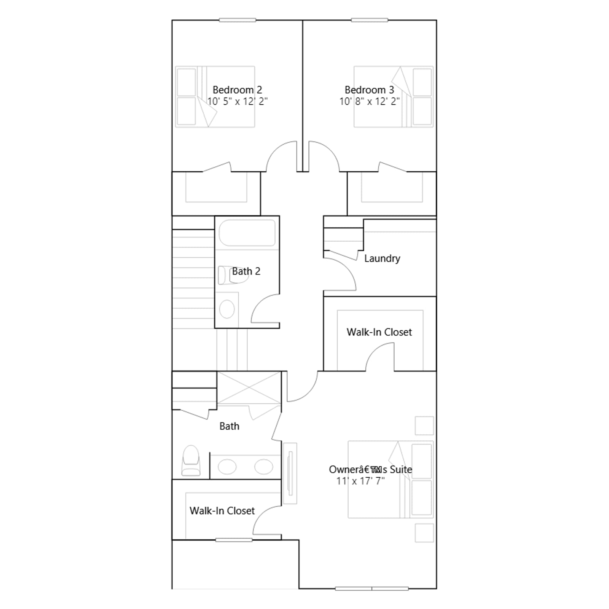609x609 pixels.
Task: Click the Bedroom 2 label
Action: tap(237, 90)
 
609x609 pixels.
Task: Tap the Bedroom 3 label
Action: tap(369, 90)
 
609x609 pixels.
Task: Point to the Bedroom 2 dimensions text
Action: tap(238, 101)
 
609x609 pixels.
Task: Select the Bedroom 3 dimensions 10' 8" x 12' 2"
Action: tap(370, 101)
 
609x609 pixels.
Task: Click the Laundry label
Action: tap(382, 258)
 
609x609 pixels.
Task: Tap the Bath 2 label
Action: tap(246, 271)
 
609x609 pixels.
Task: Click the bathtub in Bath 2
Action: tap(247, 233)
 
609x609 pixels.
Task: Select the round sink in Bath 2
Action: tap(227, 309)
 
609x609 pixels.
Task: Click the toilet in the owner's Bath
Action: tap(191, 460)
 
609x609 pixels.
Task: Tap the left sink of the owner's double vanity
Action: tap(227, 467)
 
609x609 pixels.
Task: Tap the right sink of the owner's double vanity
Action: tap(264, 467)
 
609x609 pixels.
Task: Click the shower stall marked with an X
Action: tap(249, 388)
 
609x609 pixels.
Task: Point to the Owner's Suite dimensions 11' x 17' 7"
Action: tap(360, 481)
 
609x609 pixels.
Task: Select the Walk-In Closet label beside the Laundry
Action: tap(379, 332)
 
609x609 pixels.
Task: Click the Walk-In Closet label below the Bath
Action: tap(222, 511)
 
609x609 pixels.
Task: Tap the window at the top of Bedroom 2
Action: tap(238, 20)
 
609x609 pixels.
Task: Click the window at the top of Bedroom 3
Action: tap(370, 20)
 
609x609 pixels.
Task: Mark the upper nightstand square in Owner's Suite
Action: tap(424, 426)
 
